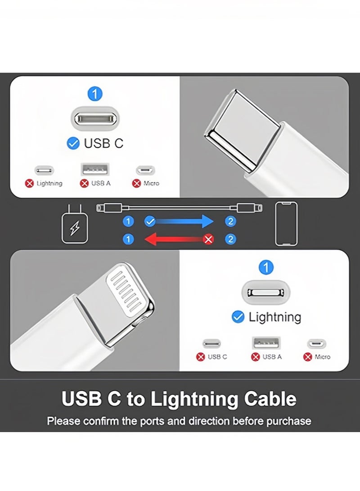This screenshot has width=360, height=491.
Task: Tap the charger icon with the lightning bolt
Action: click(74, 224)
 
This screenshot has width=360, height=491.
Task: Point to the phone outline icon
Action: click(286, 224)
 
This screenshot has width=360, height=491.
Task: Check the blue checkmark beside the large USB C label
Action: click(73, 143)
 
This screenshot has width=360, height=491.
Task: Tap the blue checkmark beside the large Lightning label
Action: click(238, 317)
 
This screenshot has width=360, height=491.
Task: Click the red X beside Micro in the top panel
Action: click(136, 183)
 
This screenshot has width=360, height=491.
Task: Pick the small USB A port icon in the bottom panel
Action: click(266, 344)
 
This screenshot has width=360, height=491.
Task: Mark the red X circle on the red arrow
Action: click(209, 239)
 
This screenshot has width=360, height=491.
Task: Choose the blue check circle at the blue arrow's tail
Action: click(150, 221)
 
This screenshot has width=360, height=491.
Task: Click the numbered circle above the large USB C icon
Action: click(95, 94)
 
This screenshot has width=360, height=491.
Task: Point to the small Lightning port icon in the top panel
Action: click(44, 170)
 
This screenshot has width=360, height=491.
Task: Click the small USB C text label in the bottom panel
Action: click(217, 357)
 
